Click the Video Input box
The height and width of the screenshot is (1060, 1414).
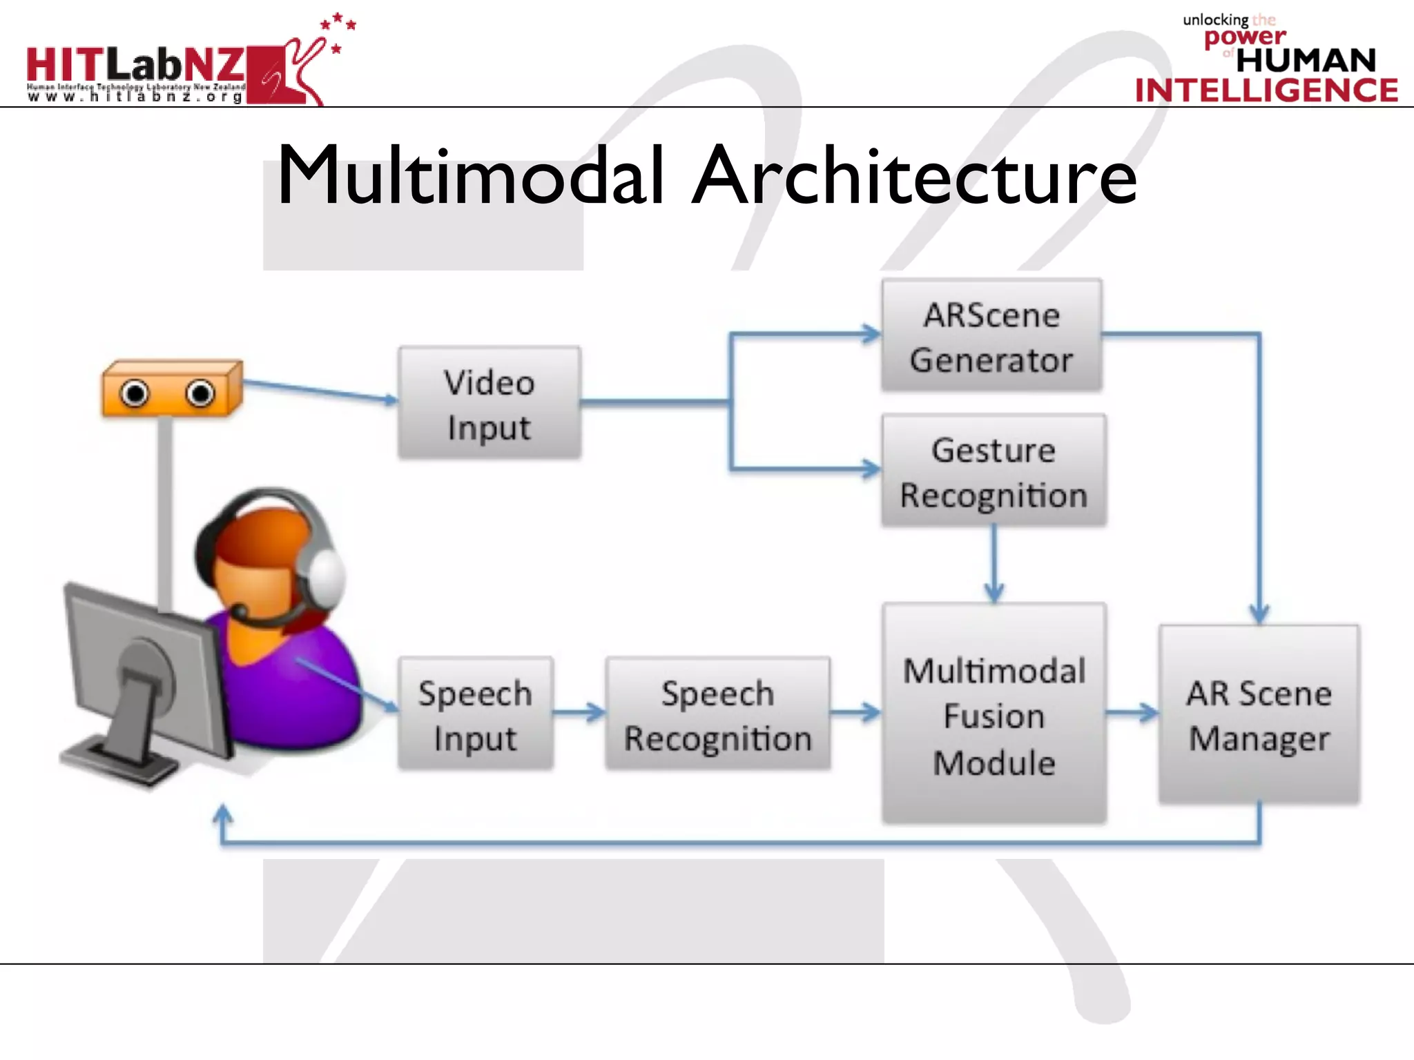tap(489, 403)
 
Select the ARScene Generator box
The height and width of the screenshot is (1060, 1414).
tap(991, 335)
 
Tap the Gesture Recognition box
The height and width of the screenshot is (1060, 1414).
tap(994, 471)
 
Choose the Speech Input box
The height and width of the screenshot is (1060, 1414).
tap(475, 714)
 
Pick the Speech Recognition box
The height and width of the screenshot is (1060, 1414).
tap(717, 714)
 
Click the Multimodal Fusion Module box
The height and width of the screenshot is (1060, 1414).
tap(994, 714)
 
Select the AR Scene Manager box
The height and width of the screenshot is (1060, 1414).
tap(1259, 714)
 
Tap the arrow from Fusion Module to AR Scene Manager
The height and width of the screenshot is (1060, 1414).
tap(1132, 712)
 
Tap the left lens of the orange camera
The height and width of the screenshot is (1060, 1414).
tap(134, 394)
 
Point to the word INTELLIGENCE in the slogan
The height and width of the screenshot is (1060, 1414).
tap(1266, 90)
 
